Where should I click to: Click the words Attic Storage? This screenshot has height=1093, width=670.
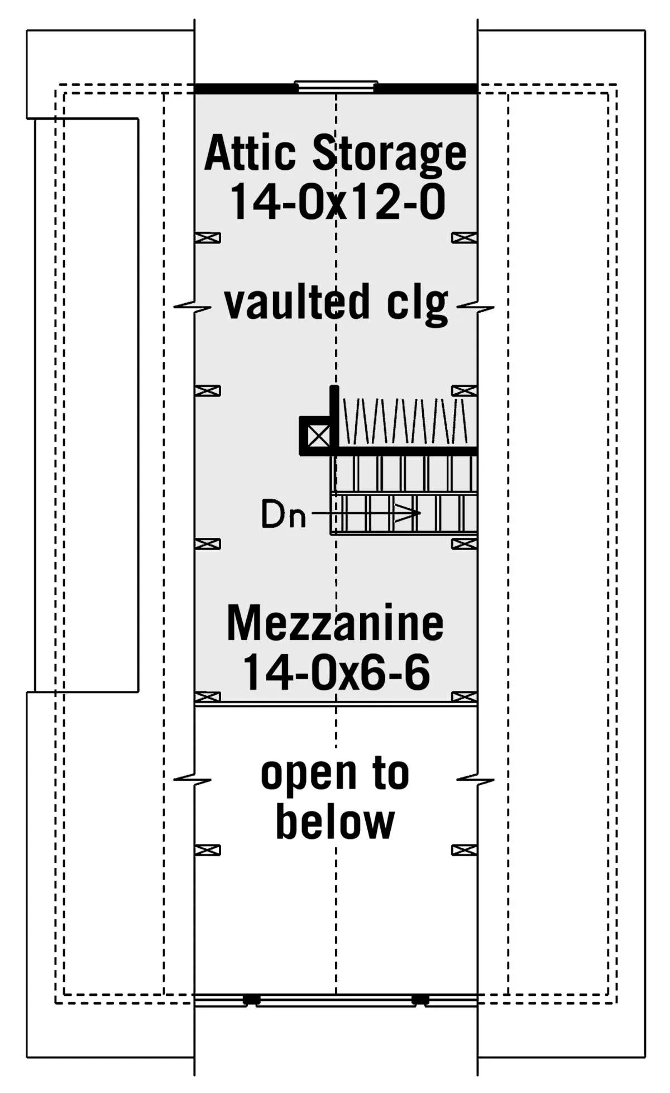point(335,154)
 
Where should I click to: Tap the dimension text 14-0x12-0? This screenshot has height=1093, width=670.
point(337,202)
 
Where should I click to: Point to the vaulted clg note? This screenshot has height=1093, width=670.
point(336,303)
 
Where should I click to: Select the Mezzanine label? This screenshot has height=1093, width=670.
point(335,623)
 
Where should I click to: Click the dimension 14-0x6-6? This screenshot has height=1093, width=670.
point(336,672)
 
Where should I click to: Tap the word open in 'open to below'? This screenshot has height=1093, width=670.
point(309,775)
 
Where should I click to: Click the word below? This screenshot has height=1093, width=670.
point(335,822)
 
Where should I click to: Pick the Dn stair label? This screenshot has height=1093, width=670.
point(283,514)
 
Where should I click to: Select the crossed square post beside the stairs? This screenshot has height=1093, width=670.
point(318,436)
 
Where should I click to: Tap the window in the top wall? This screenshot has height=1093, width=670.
point(336,85)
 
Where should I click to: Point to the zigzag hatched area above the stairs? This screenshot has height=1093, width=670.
point(405,421)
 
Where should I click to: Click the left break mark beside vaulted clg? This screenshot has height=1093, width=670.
point(193,307)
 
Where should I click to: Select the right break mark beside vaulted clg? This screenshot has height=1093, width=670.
point(476,307)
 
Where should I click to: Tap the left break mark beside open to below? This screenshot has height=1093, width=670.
point(193,779)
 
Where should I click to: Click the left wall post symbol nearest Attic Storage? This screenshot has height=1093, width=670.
point(208,238)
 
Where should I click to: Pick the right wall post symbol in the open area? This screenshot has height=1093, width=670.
point(464,850)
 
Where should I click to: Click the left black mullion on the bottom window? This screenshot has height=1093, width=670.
point(251,999)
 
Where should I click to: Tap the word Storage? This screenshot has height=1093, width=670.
point(389,154)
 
